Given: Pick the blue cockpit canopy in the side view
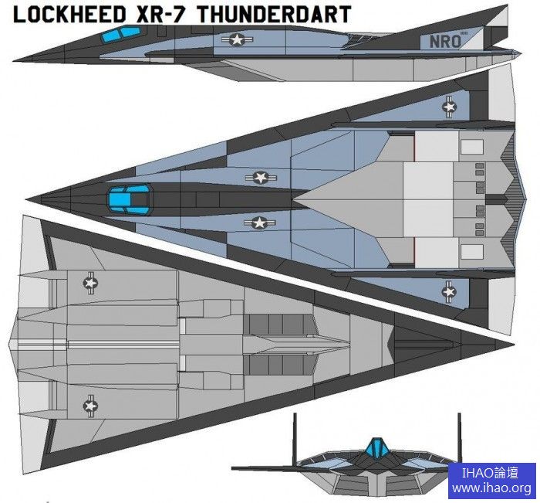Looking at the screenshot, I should [123, 32].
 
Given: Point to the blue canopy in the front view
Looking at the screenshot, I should [376, 447].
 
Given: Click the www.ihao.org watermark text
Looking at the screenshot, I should [491, 488].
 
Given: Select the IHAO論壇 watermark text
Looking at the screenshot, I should [491, 473].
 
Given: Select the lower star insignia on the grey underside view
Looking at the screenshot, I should [90, 403].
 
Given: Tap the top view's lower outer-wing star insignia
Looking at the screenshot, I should [450, 291].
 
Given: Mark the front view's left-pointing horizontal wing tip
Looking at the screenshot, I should [234, 469].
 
